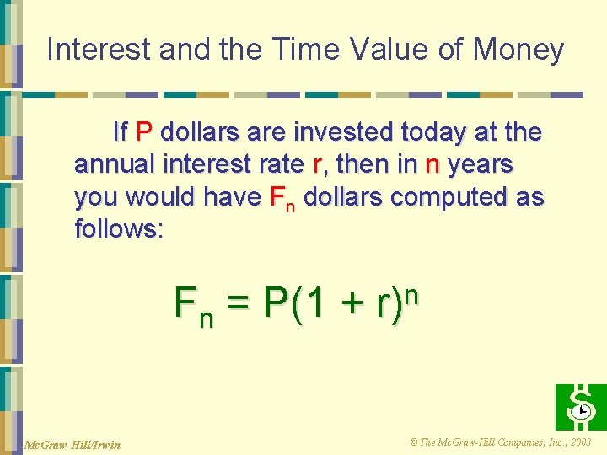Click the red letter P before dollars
pyautogui.click(x=143, y=132)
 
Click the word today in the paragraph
pyautogui.click(x=432, y=132)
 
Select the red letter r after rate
pyautogui.click(x=317, y=164)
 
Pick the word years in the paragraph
pyautogui.click(x=481, y=164)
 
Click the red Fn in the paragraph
pyautogui.click(x=282, y=199)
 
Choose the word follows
pyautogui.click(x=119, y=229)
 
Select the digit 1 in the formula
pyautogui.click(x=314, y=303)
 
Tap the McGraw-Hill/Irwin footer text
pyautogui.click(x=73, y=444)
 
